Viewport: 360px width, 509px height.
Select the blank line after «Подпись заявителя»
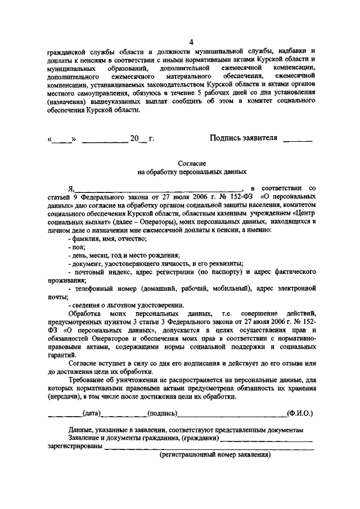click(x=298, y=139)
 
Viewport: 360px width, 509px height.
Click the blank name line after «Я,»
click(x=157, y=190)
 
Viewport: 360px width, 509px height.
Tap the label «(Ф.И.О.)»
click(x=299, y=413)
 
